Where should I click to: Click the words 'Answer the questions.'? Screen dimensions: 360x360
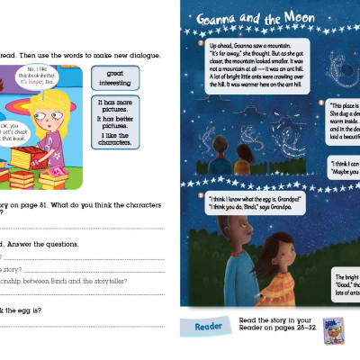40,243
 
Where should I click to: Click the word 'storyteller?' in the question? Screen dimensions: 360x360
108,281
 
